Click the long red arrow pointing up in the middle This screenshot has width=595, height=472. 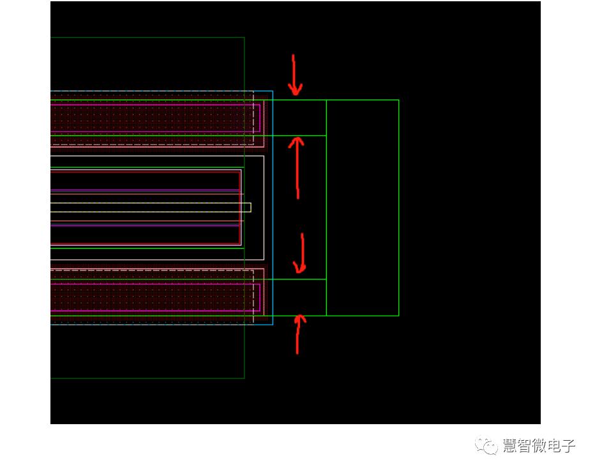coord(297,167)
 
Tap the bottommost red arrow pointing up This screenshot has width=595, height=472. coord(297,334)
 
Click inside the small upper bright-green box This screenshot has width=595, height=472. coord(299,117)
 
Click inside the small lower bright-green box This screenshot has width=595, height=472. coord(299,297)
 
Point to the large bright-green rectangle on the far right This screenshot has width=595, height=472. coord(363,207)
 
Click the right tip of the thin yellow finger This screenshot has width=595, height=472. coord(250,207)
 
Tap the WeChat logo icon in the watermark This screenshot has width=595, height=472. coord(490,445)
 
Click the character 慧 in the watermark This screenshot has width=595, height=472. coord(511,445)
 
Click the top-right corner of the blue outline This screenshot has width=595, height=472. coord(273,91)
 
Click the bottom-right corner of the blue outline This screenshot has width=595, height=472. coord(273,325)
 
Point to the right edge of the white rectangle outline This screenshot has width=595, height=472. coord(264,207)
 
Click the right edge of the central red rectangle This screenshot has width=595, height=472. coord(241,207)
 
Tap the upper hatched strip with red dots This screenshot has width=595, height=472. coord(153,118)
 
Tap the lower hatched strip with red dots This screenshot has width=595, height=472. coord(153,297)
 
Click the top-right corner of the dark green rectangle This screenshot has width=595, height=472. coord(244,38)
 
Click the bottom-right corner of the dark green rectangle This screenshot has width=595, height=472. coord(244,378)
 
